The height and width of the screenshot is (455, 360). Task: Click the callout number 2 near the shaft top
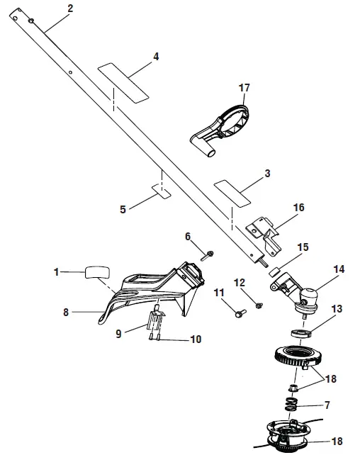pos(69,9)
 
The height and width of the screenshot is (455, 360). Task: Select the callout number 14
pos(318,270)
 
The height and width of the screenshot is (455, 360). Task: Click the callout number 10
pos(196,339)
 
